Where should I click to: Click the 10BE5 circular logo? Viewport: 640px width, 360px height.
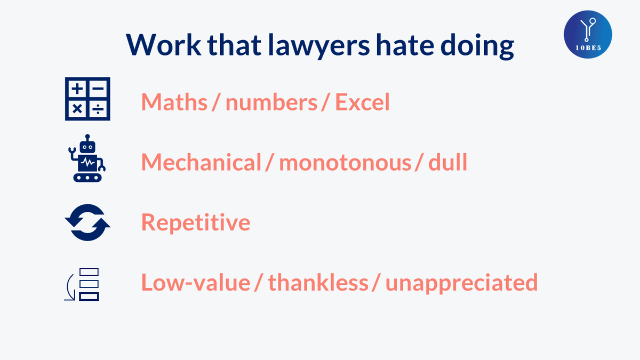(x=588, y=34)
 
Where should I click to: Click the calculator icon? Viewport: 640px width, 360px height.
(x=87, y=99)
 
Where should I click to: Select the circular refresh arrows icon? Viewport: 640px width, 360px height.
(x=87, y=222)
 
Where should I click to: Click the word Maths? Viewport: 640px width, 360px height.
(x=174, y=102)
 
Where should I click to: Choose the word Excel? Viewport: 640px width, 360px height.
(x=362, y=102)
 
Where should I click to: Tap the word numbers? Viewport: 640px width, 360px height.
(x=271, y=102)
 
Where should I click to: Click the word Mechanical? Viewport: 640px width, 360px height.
(x=201, y=162)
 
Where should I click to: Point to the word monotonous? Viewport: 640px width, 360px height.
(x=345, y=162)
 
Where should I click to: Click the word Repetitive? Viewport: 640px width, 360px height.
(x=195, y=222)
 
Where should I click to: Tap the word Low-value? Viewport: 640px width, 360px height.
(x=195, y=283)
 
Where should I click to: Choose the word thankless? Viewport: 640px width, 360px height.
(x=318, y=283)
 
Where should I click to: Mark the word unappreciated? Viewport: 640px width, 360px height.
(x=461, y=283)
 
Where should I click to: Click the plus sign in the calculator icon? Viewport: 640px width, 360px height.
(x=77, y=88)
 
